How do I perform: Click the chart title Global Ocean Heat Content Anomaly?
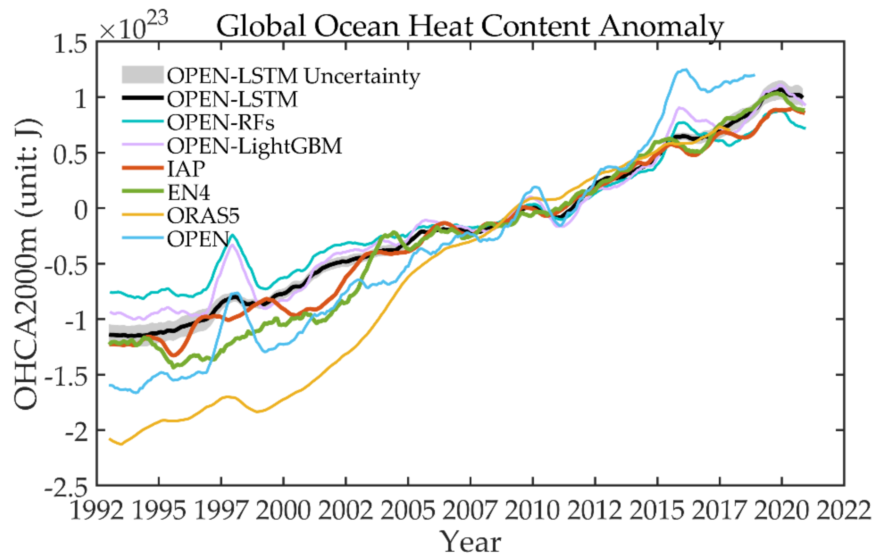[x=470, y=26]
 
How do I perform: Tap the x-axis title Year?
[x=470, y=542]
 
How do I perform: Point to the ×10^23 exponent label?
[x=133, y=26]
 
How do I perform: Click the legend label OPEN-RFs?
[x=220, y=122]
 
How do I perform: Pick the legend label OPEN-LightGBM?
[x=255, y=146]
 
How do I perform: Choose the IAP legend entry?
[x=186, y=169]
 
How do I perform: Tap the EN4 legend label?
[x=188, y=192]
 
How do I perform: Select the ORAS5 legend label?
[x=203, y=215]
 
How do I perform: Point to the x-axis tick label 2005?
[x=408, y=510]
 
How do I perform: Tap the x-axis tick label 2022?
[x=843, y=510]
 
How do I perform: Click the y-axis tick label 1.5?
[x=70, y=45]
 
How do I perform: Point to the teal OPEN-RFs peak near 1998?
[x=233, y=235]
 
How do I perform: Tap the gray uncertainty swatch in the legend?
[x=142, y=75]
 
